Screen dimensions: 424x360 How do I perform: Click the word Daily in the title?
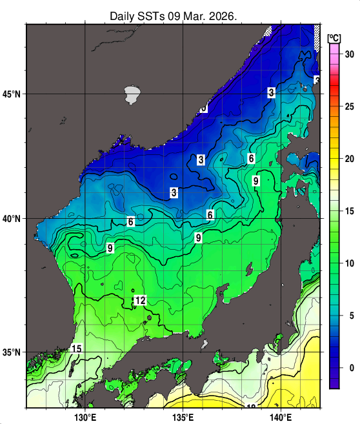[x=123, y=15]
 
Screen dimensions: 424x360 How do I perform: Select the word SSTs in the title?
[x=154, y=15]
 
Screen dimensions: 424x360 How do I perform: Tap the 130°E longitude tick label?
[x=85, y=416]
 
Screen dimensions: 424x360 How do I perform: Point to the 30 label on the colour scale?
[x=349, y=54]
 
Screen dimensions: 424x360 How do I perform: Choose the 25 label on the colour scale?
[x=349, y=106]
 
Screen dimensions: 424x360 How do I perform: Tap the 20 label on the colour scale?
[x=349, y=159]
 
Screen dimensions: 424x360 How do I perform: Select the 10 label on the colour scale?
[x=349, y=263]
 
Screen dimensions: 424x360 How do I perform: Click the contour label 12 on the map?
[x=140, y=301]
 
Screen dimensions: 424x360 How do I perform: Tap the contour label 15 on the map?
[x=76, y=349]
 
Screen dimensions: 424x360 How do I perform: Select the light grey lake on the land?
[x=132, y=94]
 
